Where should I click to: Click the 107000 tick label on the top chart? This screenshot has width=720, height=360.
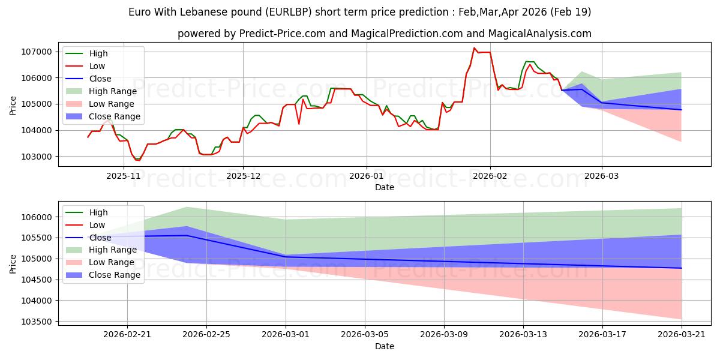(37, 52)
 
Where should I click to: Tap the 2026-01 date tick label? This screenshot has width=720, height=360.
(367, 176)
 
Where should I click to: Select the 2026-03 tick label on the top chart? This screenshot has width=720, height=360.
(601, 176)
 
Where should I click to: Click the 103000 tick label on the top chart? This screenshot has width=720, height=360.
(37, 157)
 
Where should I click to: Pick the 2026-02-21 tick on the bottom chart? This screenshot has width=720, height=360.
(127, 335)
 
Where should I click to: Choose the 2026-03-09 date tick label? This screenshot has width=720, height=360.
(444, 335)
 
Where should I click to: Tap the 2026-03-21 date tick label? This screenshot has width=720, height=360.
(682, 335)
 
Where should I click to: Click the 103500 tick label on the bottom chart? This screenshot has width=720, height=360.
(37, 322)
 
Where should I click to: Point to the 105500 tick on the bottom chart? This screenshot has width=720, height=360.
(37, 238)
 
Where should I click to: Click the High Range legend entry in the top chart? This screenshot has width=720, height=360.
(101, 91)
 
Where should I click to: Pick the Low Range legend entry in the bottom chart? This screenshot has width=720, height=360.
(100, 262)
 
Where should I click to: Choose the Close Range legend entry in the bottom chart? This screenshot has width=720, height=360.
(103, 275)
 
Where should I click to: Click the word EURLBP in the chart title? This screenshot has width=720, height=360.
(289, 12)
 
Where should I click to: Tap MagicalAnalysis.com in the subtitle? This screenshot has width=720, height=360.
(539, 34)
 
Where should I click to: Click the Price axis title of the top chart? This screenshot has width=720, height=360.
(13, 106)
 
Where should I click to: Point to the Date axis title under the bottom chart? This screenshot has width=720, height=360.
(385, 346)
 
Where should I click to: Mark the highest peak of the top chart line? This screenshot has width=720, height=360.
(474, 48)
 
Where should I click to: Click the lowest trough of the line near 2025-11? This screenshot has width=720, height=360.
(139, 160)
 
